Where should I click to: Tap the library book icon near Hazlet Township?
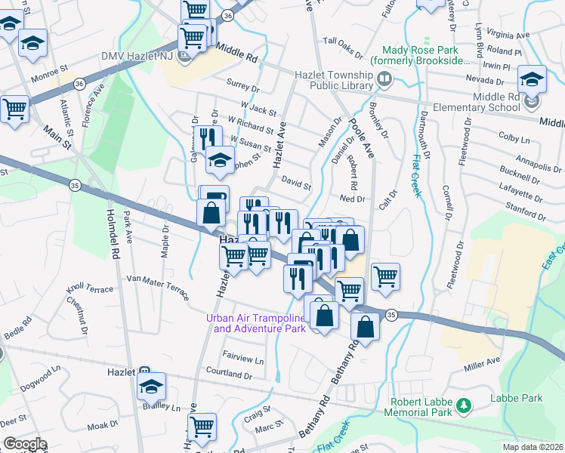click(x=384, y=79)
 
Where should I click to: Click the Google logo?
click(x=25, y=444)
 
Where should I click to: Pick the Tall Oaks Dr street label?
click(x=343, y=42)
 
